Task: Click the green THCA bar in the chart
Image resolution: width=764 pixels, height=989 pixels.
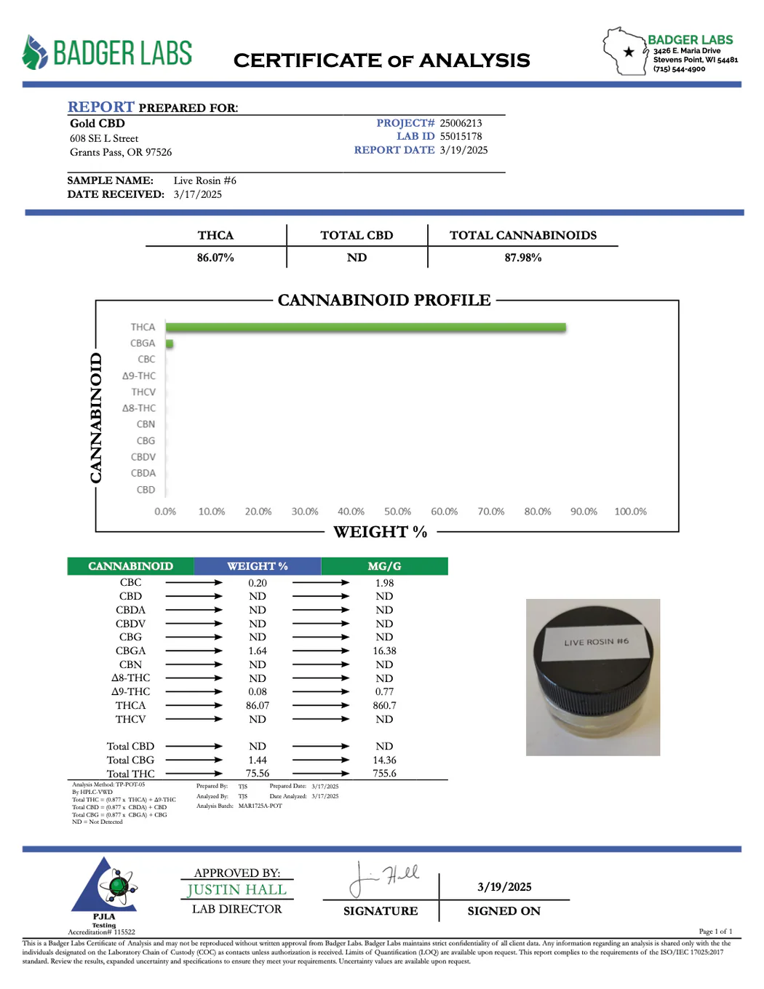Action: coord(365,327)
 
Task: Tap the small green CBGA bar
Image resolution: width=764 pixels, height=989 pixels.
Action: coord(170,343)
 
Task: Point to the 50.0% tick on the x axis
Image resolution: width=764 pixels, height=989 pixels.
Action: coord(397,512)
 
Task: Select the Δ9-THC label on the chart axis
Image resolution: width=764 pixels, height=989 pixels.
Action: coord(139,376)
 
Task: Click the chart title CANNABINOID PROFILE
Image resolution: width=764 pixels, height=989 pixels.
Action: coord(384,300)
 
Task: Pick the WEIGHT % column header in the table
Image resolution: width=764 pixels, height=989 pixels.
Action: coord(258,566)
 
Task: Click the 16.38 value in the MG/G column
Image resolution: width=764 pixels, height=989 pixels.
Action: coord(384,651)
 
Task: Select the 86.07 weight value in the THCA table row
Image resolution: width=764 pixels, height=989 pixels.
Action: coord(258,705)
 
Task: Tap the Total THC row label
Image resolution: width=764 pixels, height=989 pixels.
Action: coord(131,774)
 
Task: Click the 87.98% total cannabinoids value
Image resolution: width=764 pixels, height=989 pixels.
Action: coord(523,258)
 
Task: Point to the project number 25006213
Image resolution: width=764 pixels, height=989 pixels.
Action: coord(461,123)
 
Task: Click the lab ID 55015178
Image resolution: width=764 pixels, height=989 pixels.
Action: coord(461,136)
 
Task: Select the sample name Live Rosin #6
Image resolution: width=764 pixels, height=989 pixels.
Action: coord(205,180)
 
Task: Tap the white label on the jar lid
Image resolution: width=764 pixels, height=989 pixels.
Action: coord(595,642)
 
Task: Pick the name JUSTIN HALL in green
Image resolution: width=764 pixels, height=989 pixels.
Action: coord(237,889)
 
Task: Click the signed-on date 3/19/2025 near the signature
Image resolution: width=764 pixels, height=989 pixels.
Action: coord(504,886)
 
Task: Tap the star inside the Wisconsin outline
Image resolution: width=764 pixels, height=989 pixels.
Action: coord(629,52)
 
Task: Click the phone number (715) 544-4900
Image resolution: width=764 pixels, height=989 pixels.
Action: coord(679,69)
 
